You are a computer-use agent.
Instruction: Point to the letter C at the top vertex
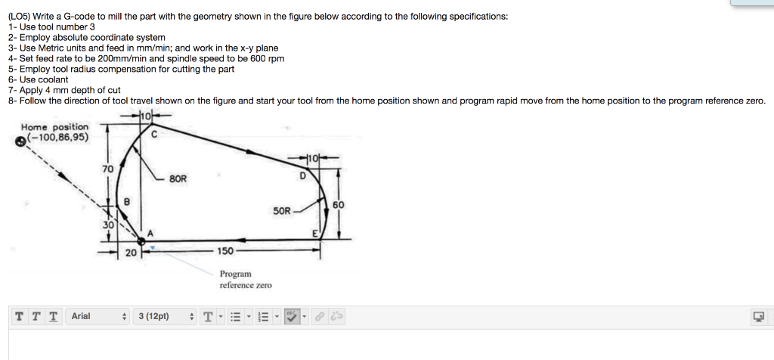click(x=153, y=135)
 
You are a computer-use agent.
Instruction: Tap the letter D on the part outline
click(x=302, y=175)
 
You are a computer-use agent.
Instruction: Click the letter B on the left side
click(x=126, y=200)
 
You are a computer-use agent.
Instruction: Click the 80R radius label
click(x=179, y=179)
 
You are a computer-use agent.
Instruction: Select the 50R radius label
click(x=280, y=212)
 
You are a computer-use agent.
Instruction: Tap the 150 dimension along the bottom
click(x=225, y=251)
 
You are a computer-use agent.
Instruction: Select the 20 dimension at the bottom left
click(x=129, y=253)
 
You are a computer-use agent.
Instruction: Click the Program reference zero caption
click(x=245, y=279)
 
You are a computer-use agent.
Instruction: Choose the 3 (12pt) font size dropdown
click(x=162, y=316)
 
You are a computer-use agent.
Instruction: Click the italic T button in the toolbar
click(x=35, y=316)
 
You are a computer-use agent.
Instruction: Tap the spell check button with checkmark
click(x=293, y=316)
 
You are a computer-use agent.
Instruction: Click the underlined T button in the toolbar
click(x=52, y=316)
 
